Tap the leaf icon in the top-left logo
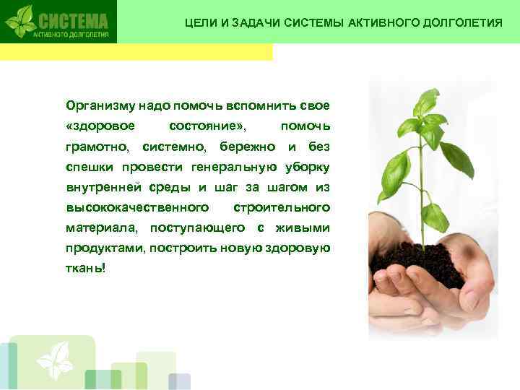point(20,21)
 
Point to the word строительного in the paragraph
point(282,208)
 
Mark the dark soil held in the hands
point(425,264)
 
